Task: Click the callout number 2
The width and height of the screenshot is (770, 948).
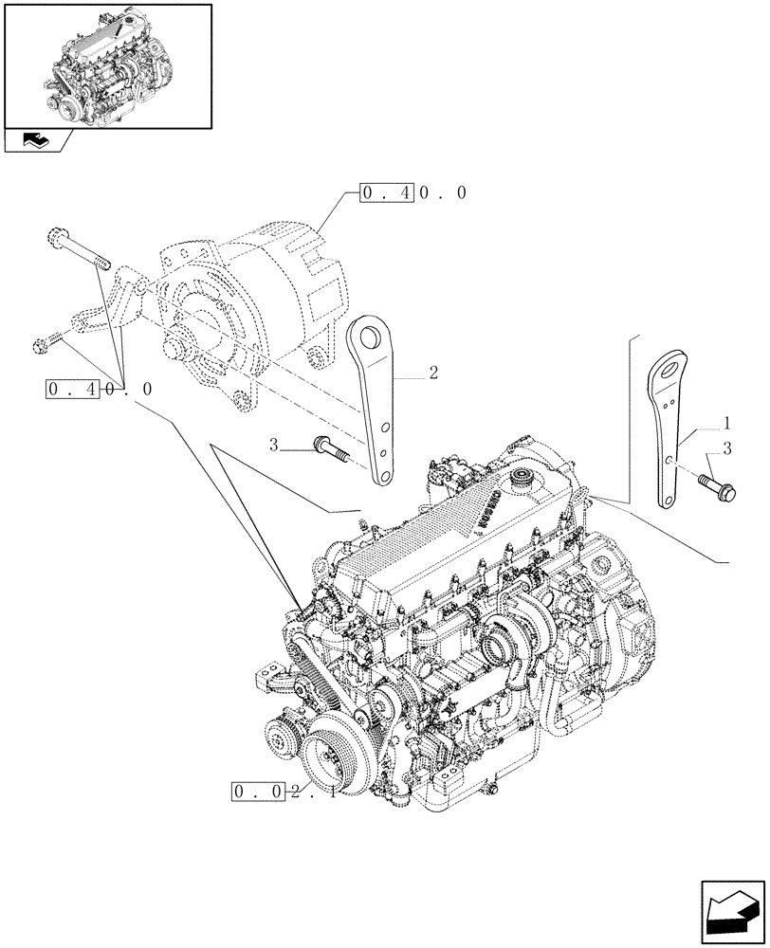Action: coord(432,374)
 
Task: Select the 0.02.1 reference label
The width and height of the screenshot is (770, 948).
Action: coord(283,792)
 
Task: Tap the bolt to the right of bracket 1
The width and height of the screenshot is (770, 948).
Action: coord(712,482)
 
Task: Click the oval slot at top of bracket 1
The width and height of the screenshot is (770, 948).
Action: coord(672,363)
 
